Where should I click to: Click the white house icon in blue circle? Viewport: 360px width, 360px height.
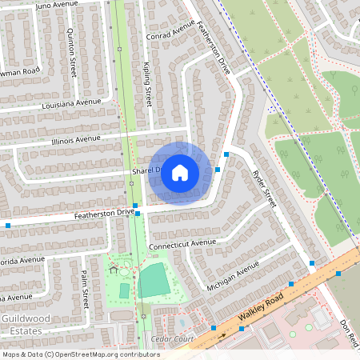[180, 173]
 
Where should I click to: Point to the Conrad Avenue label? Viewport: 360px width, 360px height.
[170, 31]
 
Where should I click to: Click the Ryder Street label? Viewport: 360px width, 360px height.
[264, 189]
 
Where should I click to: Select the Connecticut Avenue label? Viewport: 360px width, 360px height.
[182, 242]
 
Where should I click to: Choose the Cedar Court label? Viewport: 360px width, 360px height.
[173, 339]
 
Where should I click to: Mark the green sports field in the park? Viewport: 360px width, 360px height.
[153, 281]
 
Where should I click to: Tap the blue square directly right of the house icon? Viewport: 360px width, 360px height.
[218, 170]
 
